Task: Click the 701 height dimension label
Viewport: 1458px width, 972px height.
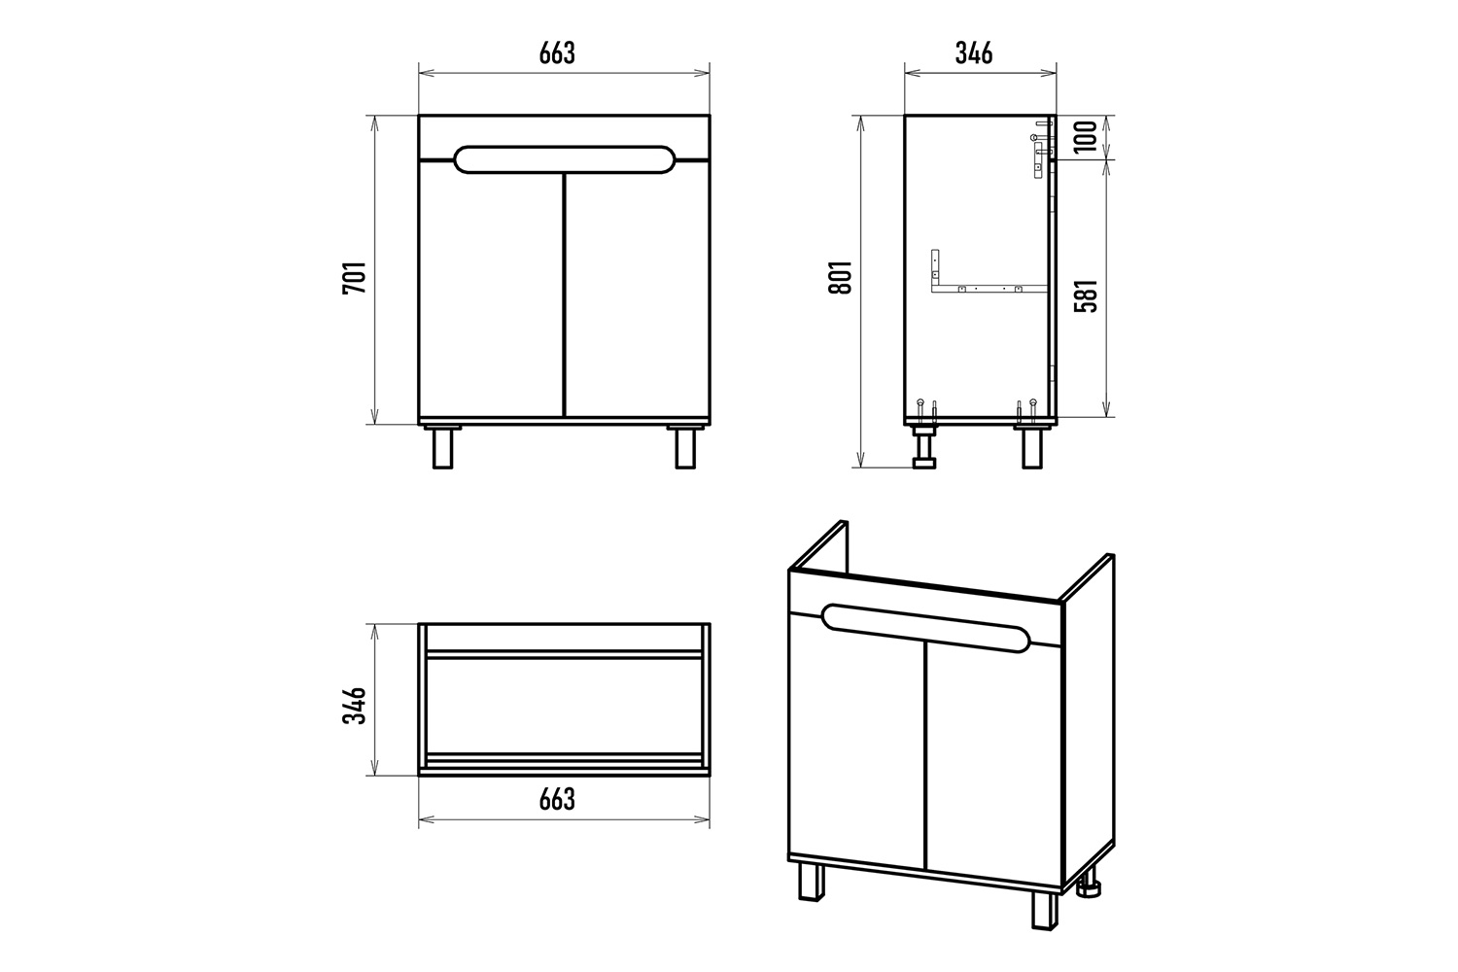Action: [355, 278]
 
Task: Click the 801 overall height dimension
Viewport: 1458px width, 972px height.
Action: [841, 277]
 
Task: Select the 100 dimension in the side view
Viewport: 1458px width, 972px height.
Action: [1085, 136]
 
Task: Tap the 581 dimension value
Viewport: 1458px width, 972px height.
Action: [1085, 295]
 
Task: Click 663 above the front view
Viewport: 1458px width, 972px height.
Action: [557, 53]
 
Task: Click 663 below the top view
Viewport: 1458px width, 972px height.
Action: [557, 800]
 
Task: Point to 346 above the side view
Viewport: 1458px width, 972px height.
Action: [974, 53]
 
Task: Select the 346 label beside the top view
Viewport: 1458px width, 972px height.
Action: [355, 705]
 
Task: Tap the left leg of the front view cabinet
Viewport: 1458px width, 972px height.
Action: [442, 447]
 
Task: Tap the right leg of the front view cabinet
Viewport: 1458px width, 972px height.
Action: [685, 447]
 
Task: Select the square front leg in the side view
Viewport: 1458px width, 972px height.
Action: [1032, 447]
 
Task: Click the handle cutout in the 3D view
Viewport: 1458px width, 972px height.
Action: [925, 628]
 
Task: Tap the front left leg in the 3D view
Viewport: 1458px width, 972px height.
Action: [811, 882]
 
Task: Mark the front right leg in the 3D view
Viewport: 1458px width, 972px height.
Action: [1044, 910]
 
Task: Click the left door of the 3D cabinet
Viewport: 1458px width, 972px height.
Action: [856, 736]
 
